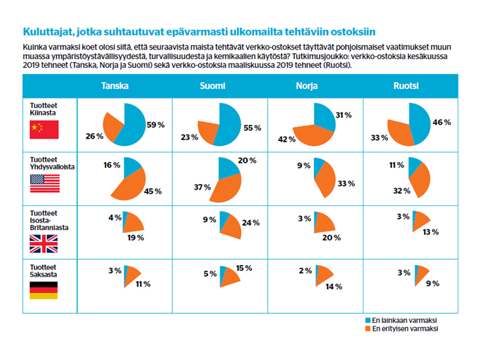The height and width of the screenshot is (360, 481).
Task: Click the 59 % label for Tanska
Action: tap(155, 124)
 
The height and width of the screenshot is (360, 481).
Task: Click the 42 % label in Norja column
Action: tap(286, 139)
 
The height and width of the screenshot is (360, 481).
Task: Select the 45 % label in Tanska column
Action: tap(153, 192)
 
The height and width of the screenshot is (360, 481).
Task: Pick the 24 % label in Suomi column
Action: tap(251, 223)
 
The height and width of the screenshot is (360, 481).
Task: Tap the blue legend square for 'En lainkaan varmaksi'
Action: tap(367, 320)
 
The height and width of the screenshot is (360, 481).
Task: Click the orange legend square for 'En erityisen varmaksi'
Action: tap(367, 329)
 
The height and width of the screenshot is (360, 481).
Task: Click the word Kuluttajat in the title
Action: tap(47, 31)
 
